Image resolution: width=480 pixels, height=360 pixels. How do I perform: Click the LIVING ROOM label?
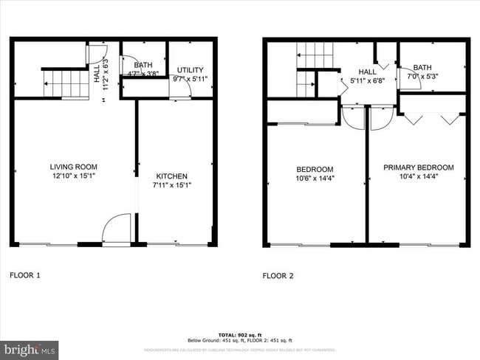click(73, 167)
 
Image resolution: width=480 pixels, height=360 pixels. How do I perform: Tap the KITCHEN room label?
click(171, 176)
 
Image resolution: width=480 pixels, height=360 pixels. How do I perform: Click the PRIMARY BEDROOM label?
click(418, 167)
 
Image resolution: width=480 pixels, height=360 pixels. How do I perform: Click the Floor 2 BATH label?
click(423, 66)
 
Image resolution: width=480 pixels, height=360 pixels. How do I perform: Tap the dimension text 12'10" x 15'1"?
click(73, 176)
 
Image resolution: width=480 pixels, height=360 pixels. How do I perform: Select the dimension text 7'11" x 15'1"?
click(171, 186)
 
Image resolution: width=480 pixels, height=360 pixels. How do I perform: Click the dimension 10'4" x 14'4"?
click(418, 177)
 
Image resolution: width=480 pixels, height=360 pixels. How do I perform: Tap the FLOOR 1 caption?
click(25, 275)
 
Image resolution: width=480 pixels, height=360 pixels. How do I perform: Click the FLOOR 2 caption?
click(278, 276)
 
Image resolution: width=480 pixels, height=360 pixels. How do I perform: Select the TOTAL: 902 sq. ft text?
click(240, 335)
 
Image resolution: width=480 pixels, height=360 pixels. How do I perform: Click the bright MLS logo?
click(30, 348)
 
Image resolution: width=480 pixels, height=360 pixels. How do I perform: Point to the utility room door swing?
click(182, 88)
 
